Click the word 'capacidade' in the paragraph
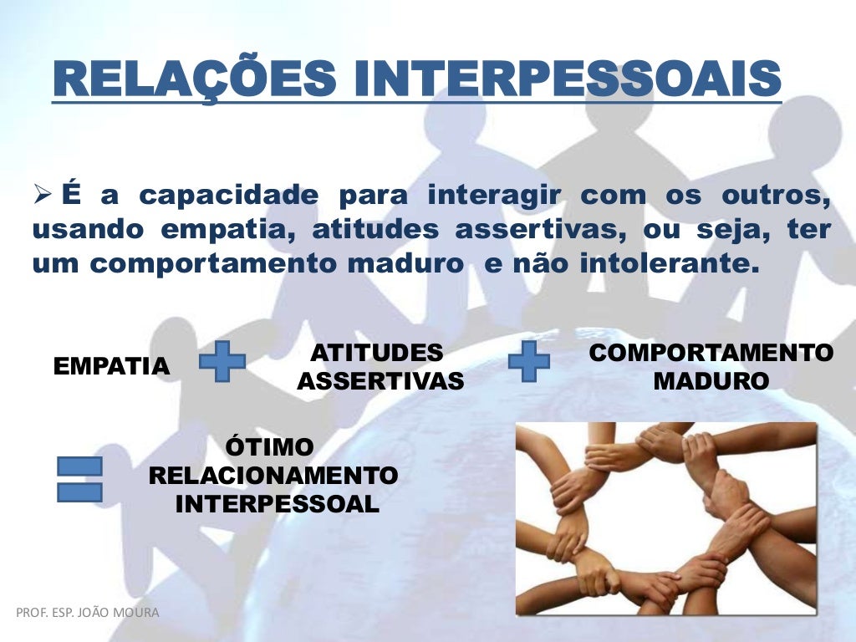(228, 196)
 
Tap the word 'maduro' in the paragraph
(422, 264)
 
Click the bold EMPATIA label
(111, 366)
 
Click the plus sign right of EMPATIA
(222, 361)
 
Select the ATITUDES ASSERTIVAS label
(380, 367)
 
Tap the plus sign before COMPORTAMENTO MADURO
(529, 361)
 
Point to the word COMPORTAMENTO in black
(711, 353)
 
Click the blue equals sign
(79, 479)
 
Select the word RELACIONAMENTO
(273, 476)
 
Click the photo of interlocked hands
(665, 518)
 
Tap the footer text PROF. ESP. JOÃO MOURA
(87, 613)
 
